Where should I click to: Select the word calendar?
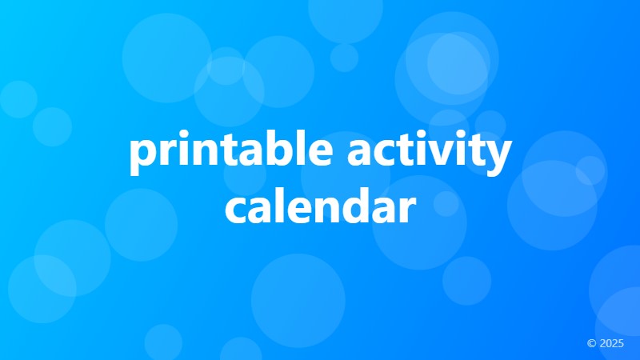tap(320, 207)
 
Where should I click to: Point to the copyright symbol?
tap(591, 343)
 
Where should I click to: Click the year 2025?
tap(611, 343)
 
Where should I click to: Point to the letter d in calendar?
tap(354, 206)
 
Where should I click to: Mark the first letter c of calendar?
tap(236, 210)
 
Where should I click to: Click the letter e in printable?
tap(317, 155)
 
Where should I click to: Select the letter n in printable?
tap(207, 154)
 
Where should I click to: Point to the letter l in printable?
tap(297, 152)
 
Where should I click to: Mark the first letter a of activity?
tap(359, 155)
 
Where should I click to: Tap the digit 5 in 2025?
tap(620, 343)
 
